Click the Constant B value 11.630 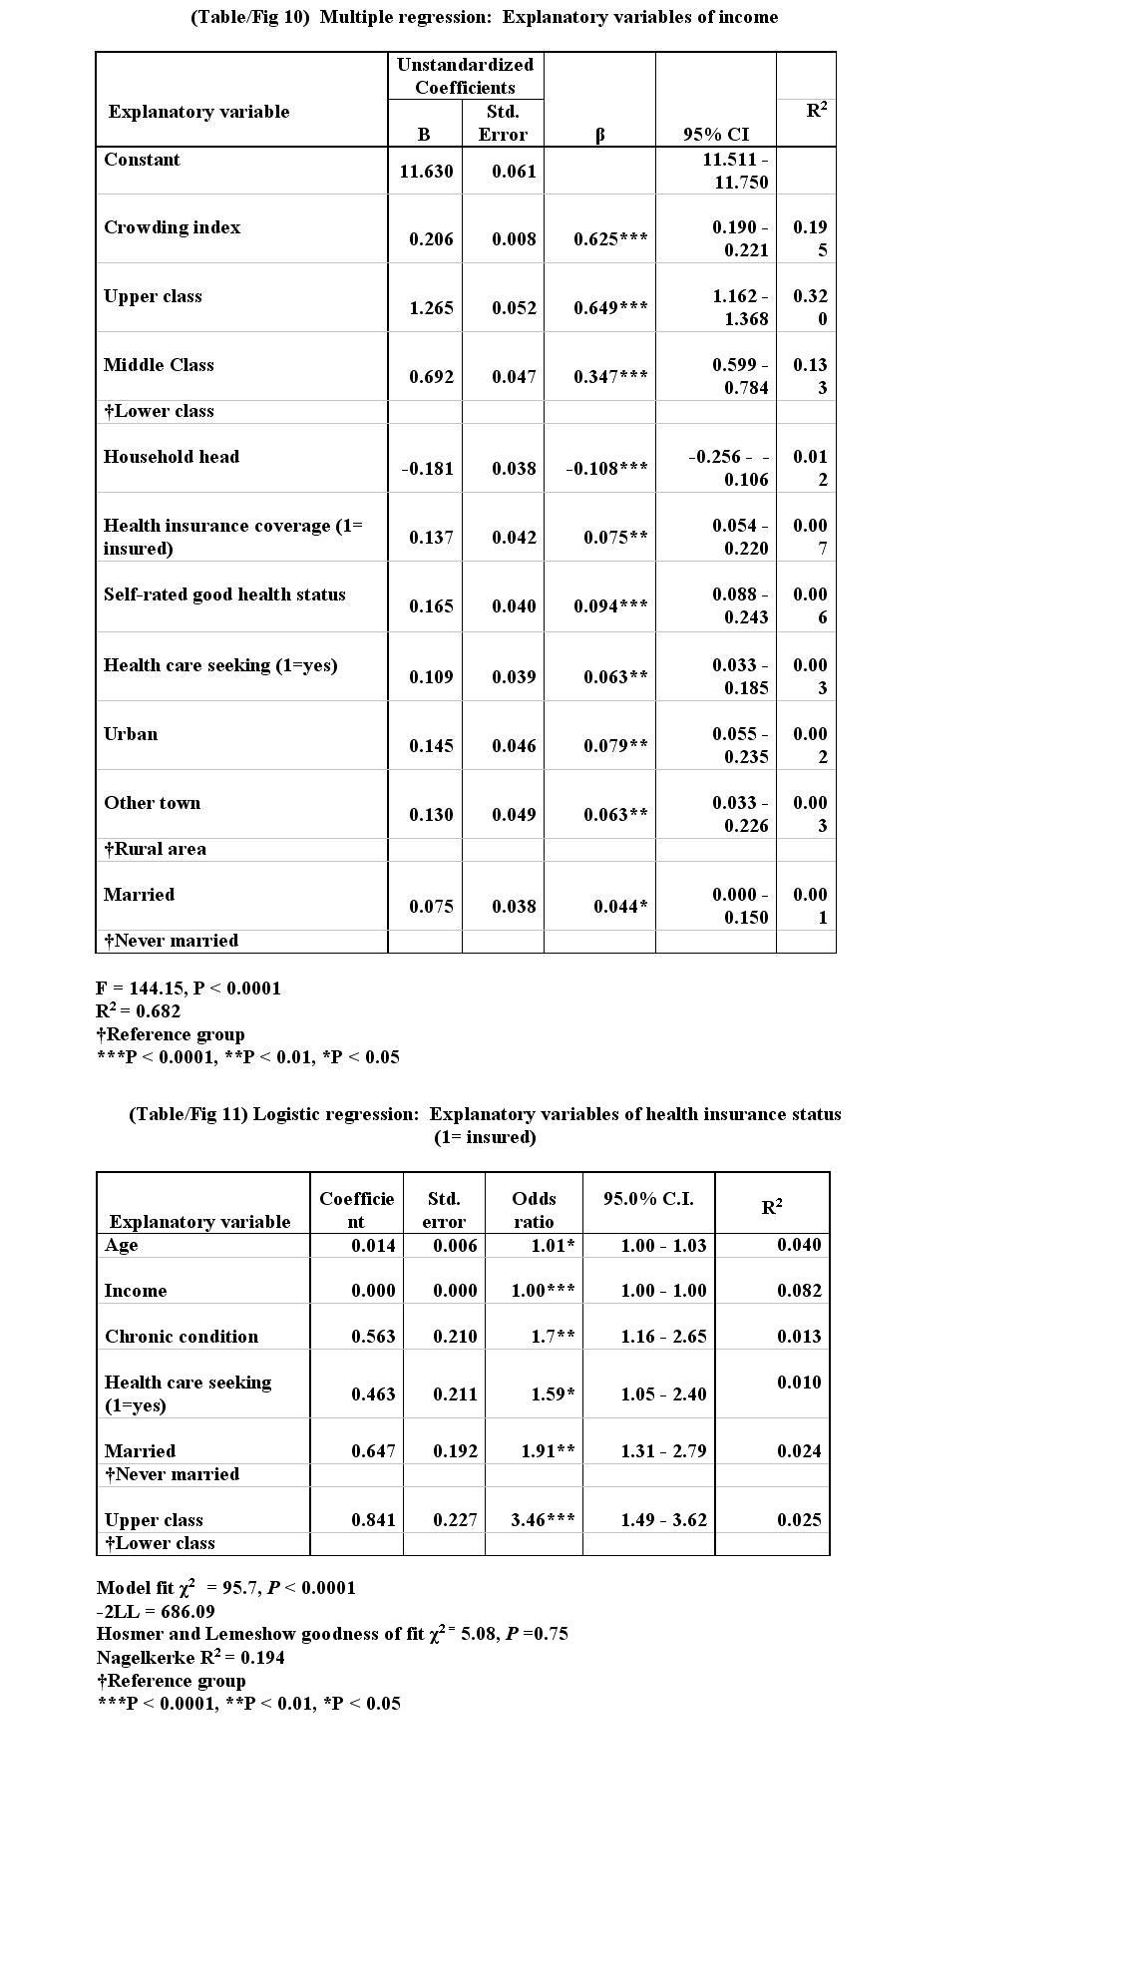click(426, 172)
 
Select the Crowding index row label click(172, 227)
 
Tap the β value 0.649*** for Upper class click(609, 308)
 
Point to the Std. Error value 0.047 click(514, 377)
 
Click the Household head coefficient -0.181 click(426, 469)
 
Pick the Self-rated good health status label click(224, 595)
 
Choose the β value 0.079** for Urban click(615, 746)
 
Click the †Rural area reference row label click(156, 849)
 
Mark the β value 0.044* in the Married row click(619, 907)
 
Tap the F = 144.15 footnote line click(188, 989)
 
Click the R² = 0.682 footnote click(138, 1010)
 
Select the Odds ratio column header click(534, 1210)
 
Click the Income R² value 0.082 click(799, 1291)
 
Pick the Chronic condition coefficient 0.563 click(373, 1337)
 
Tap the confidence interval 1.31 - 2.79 click(663, 1451)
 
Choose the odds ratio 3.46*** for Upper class click(543, 1520)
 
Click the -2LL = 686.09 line click(156, 1611)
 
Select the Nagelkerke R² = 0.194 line click(189, 1657)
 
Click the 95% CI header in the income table click(715, 135)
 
